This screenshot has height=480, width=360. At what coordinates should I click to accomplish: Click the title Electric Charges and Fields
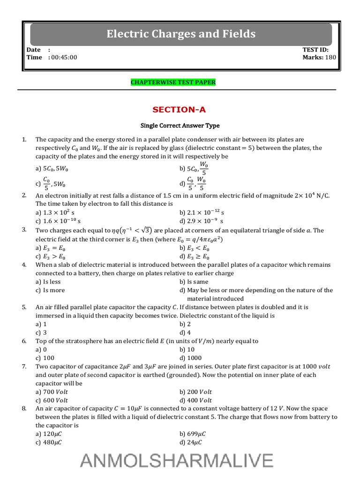coord(181,34)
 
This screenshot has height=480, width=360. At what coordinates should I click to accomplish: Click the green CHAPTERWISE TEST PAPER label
coord(173,82)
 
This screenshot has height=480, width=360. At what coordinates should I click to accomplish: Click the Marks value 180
coord(330,57)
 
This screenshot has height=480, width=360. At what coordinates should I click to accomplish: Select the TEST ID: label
coord(315,50)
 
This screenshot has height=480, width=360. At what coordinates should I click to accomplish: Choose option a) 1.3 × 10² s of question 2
coord(55,212)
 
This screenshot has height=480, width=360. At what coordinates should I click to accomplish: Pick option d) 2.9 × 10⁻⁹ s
coord(201,221)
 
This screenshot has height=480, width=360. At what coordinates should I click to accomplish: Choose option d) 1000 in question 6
coord(194,358)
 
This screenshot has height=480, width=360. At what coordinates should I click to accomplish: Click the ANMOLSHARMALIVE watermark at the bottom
coord(176,460)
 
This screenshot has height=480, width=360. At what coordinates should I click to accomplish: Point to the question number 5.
coord(24,307)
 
